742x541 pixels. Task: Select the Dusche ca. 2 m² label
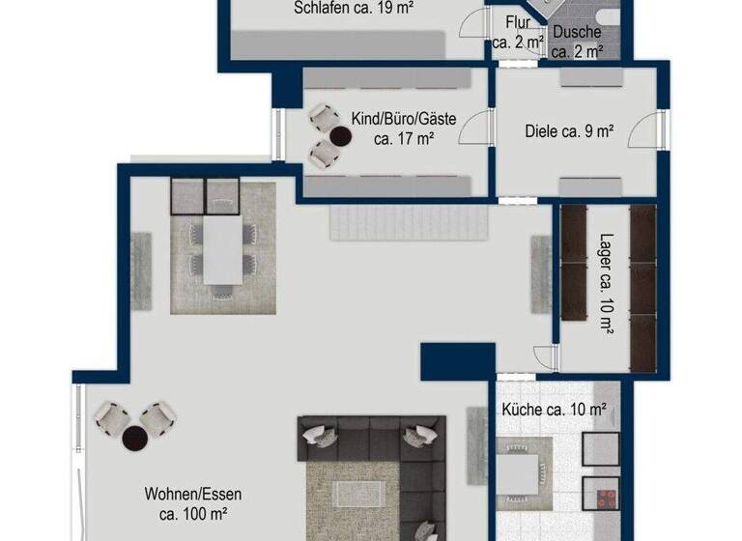(x=577, y=43)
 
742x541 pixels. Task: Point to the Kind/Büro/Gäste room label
(x=403, y=128)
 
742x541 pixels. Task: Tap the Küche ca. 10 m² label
(x=554, y=410)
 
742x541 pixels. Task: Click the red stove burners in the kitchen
(x=607, y=498)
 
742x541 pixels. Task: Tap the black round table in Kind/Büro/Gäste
(x=340, y=138)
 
